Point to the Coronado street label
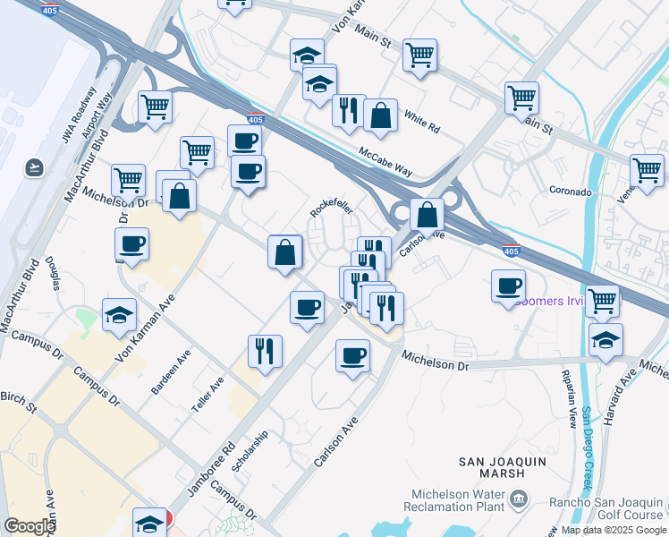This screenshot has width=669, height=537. (x=571, y=192)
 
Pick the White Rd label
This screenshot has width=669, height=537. (x=421, y=122)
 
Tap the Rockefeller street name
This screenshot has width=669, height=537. (x=331, y=207)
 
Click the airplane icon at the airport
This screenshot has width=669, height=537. (x=35, y=166)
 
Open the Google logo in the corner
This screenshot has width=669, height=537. (x=30, y=526)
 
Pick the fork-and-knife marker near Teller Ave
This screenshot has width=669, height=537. (x=265, y=350)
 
